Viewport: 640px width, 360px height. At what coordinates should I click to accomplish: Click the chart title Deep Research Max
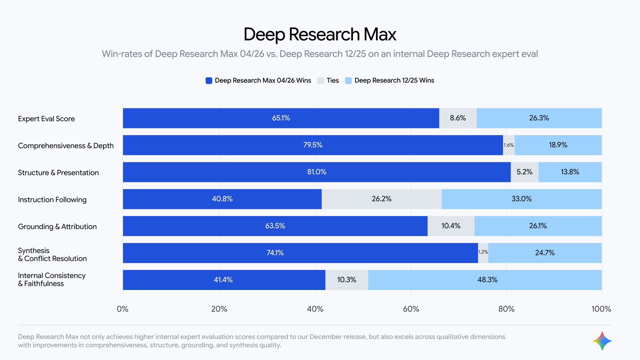pyautogui.click(x=320, y=34)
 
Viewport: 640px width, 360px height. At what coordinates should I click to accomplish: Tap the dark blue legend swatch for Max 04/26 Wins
pyautogui.click(x=209, y=81)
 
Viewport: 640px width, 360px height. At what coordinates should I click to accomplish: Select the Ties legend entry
pyautogui.click(x=328, y=81)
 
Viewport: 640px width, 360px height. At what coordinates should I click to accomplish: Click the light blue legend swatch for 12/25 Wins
pyautogui.click(x=348, y=81)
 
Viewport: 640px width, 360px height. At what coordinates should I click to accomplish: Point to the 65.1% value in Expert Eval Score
pyautogui.click(x=281, y=118)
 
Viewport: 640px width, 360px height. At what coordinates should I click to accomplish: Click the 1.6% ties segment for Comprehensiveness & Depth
pyautogui.click(x=509, y=145)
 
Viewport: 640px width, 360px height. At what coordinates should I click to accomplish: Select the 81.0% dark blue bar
pyautogui.click(x=317, y=172)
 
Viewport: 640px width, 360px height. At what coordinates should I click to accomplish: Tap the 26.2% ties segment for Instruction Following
pyautogui.click(x=381, y=199)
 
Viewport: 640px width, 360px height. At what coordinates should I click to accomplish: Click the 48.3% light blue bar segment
pyautogui.click(x=487, y=280)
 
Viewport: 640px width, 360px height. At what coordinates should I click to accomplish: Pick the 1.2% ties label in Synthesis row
pyautogui.click(x=483, y=252)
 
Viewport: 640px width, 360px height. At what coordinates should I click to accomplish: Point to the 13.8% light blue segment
pyautogui.click(x=570, y=172)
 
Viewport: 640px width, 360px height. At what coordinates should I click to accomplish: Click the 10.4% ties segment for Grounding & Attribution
pyautogui.click(x=451, y=226)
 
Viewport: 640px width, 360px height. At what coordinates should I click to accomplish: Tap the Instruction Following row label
pyautogui.click(x=52, y=200)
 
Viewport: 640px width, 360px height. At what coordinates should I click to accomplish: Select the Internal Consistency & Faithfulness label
pyautogui.click(x=52, y=280)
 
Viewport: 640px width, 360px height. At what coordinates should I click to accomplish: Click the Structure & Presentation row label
pyautogui.click(x=58, y=173)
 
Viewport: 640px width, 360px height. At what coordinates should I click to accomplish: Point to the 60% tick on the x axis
pyautogui.click(x=411, y=309)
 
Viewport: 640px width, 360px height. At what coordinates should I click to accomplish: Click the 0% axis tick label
pyautogui.click(x=123, y=309)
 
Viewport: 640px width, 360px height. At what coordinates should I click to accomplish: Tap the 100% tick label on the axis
pyautogui.click(x=601, y=309)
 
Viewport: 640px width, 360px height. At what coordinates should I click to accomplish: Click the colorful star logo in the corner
pyautogui.click(x=602, y=341)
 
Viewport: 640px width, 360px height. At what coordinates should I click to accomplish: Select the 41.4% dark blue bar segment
pyautogui.click(x=223, y=280)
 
